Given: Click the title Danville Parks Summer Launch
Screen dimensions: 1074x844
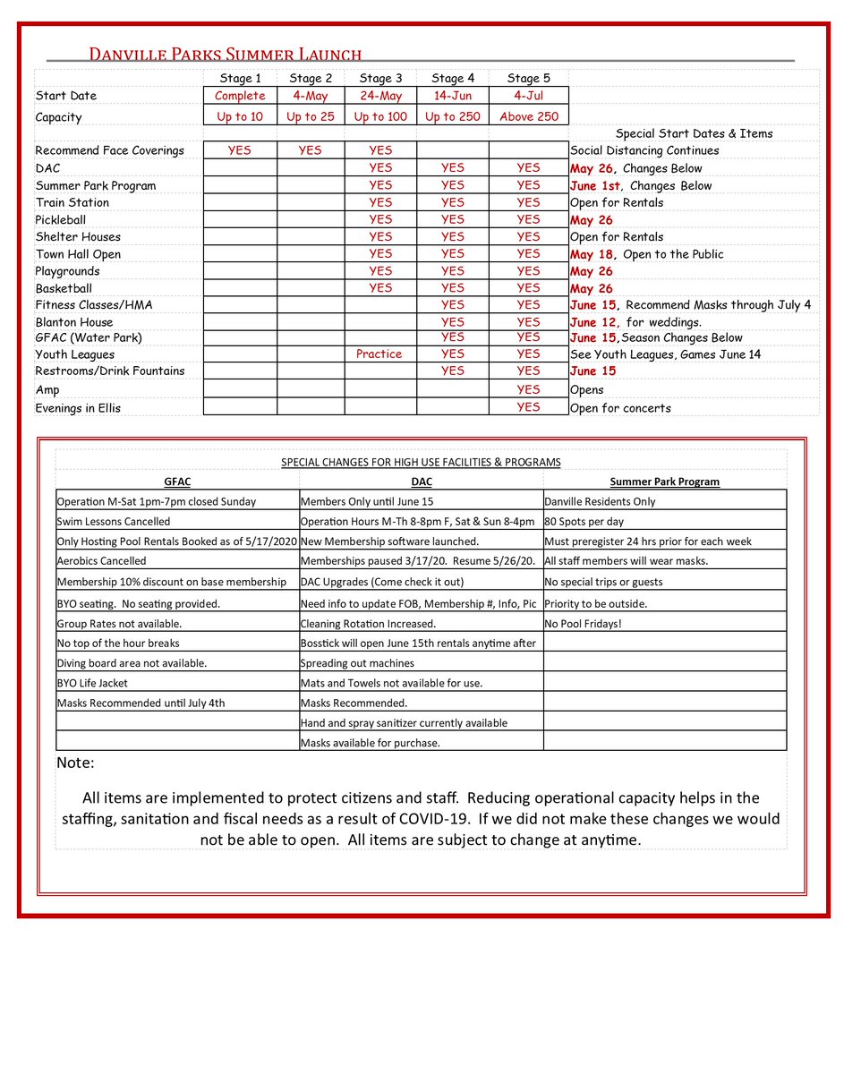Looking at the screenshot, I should [x=225, y=54].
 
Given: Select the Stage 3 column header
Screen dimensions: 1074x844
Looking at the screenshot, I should [x=380, y=79].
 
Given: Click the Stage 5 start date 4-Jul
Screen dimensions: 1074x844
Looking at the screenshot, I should [x=527, y=96].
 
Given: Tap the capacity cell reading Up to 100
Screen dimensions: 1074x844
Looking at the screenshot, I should [x=380, y=117].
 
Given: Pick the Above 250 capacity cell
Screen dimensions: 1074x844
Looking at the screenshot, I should [x=527, y=117].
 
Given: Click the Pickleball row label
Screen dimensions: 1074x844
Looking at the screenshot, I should [x=60, y=219].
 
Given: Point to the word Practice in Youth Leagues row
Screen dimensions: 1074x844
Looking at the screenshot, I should [x=379, y=354].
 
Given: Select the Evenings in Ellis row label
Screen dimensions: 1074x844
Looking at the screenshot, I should [x=78, y=408].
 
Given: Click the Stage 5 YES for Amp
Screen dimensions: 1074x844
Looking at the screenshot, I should [x=528, y=389].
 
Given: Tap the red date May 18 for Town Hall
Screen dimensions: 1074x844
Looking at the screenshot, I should [x=592, y=254].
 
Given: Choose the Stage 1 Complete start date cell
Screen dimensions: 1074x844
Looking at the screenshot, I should [x=240, y=96].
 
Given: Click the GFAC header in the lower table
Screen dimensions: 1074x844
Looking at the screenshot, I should [x=177, y=482].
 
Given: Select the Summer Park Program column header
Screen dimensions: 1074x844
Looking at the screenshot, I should [x=664, y=482].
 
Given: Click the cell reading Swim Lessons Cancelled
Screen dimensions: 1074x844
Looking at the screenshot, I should [x=114, y=521].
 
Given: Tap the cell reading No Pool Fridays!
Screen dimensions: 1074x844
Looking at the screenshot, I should [x=583, y=624].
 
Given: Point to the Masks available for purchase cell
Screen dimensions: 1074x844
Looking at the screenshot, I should [x=371, y=743].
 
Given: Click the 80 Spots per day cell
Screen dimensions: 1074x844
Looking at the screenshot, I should [x=582, y=521].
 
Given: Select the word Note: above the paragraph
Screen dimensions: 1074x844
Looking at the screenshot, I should [x=75, y=763].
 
